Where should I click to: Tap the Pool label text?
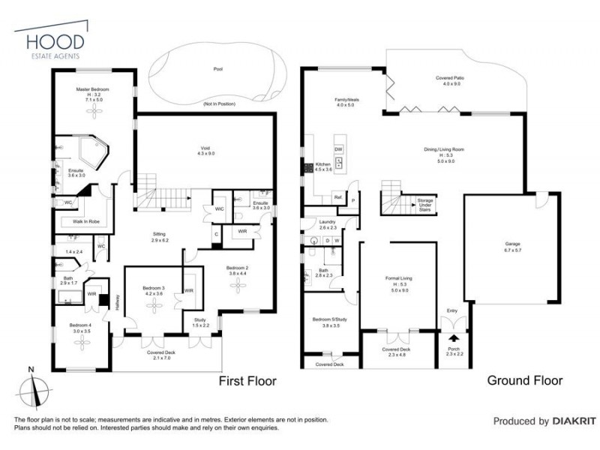pos(218,69)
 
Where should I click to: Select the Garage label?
pos(510,244)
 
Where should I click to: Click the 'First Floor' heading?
pos(247,381)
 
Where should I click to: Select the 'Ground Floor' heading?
pos(524,380)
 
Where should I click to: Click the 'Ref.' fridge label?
pos(338,197)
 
